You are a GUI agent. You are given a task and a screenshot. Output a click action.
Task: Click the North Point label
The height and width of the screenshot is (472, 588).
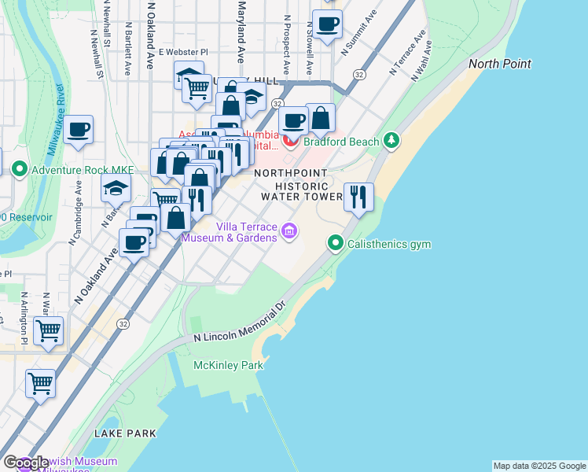tap(499, 64)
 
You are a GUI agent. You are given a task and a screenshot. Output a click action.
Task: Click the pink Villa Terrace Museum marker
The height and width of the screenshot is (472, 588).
tap(290, 230)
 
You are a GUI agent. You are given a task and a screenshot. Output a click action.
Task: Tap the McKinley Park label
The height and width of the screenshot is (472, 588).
tap(228, 365)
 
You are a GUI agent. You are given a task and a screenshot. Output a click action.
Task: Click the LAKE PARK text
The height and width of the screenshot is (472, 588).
tap(125, 433)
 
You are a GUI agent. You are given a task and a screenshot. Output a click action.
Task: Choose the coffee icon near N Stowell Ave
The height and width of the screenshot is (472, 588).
tap(327, 24)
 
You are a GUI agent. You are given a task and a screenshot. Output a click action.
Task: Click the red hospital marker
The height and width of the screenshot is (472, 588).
tap(291, 142)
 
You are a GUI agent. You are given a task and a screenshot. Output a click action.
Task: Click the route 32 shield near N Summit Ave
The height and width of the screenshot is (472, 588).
tap(358, 74)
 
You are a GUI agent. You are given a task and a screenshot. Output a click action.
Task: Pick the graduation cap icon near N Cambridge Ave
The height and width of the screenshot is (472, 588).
tap(115, 189)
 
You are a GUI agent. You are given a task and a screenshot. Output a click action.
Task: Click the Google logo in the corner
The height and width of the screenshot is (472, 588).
tap(25, 463)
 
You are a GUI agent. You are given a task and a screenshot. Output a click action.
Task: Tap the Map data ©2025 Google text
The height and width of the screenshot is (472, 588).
tap(538, 466)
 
